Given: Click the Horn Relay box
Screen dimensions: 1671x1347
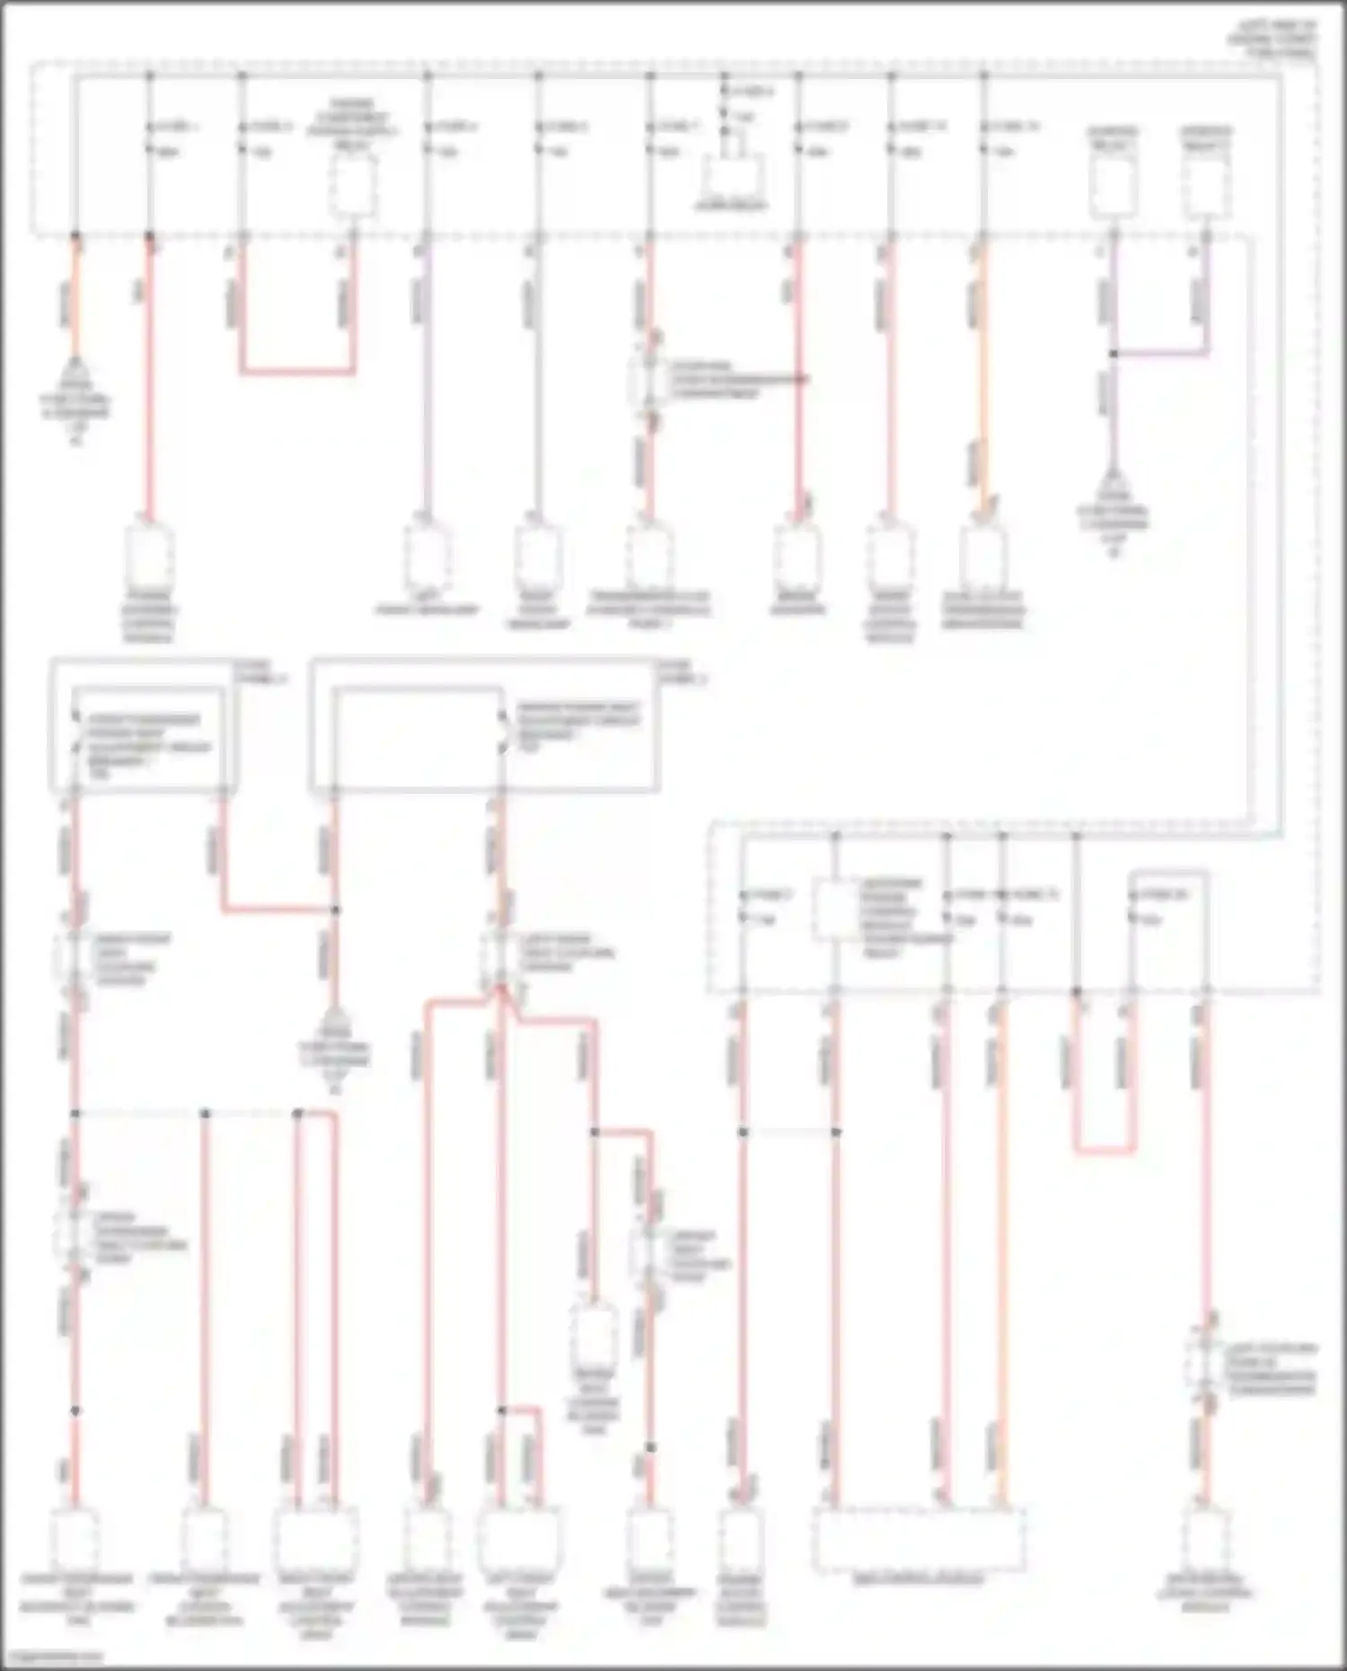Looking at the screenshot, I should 734,175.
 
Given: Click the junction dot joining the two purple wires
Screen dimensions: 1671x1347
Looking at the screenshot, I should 1113,354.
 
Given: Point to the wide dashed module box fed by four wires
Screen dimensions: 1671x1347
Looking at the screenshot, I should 919,1540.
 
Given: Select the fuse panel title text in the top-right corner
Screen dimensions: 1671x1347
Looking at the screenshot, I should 1273,40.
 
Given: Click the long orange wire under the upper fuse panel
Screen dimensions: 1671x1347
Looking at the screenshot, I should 983,377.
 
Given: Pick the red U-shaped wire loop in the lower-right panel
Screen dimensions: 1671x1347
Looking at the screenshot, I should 1105,1149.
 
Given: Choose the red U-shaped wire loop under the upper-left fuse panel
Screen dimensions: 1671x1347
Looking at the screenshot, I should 297,370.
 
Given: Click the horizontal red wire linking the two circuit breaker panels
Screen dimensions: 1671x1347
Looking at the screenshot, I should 278,910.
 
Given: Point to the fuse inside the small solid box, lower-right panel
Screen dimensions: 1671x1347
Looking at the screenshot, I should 1133,907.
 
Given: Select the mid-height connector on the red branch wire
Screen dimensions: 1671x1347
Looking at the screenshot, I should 594,1333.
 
